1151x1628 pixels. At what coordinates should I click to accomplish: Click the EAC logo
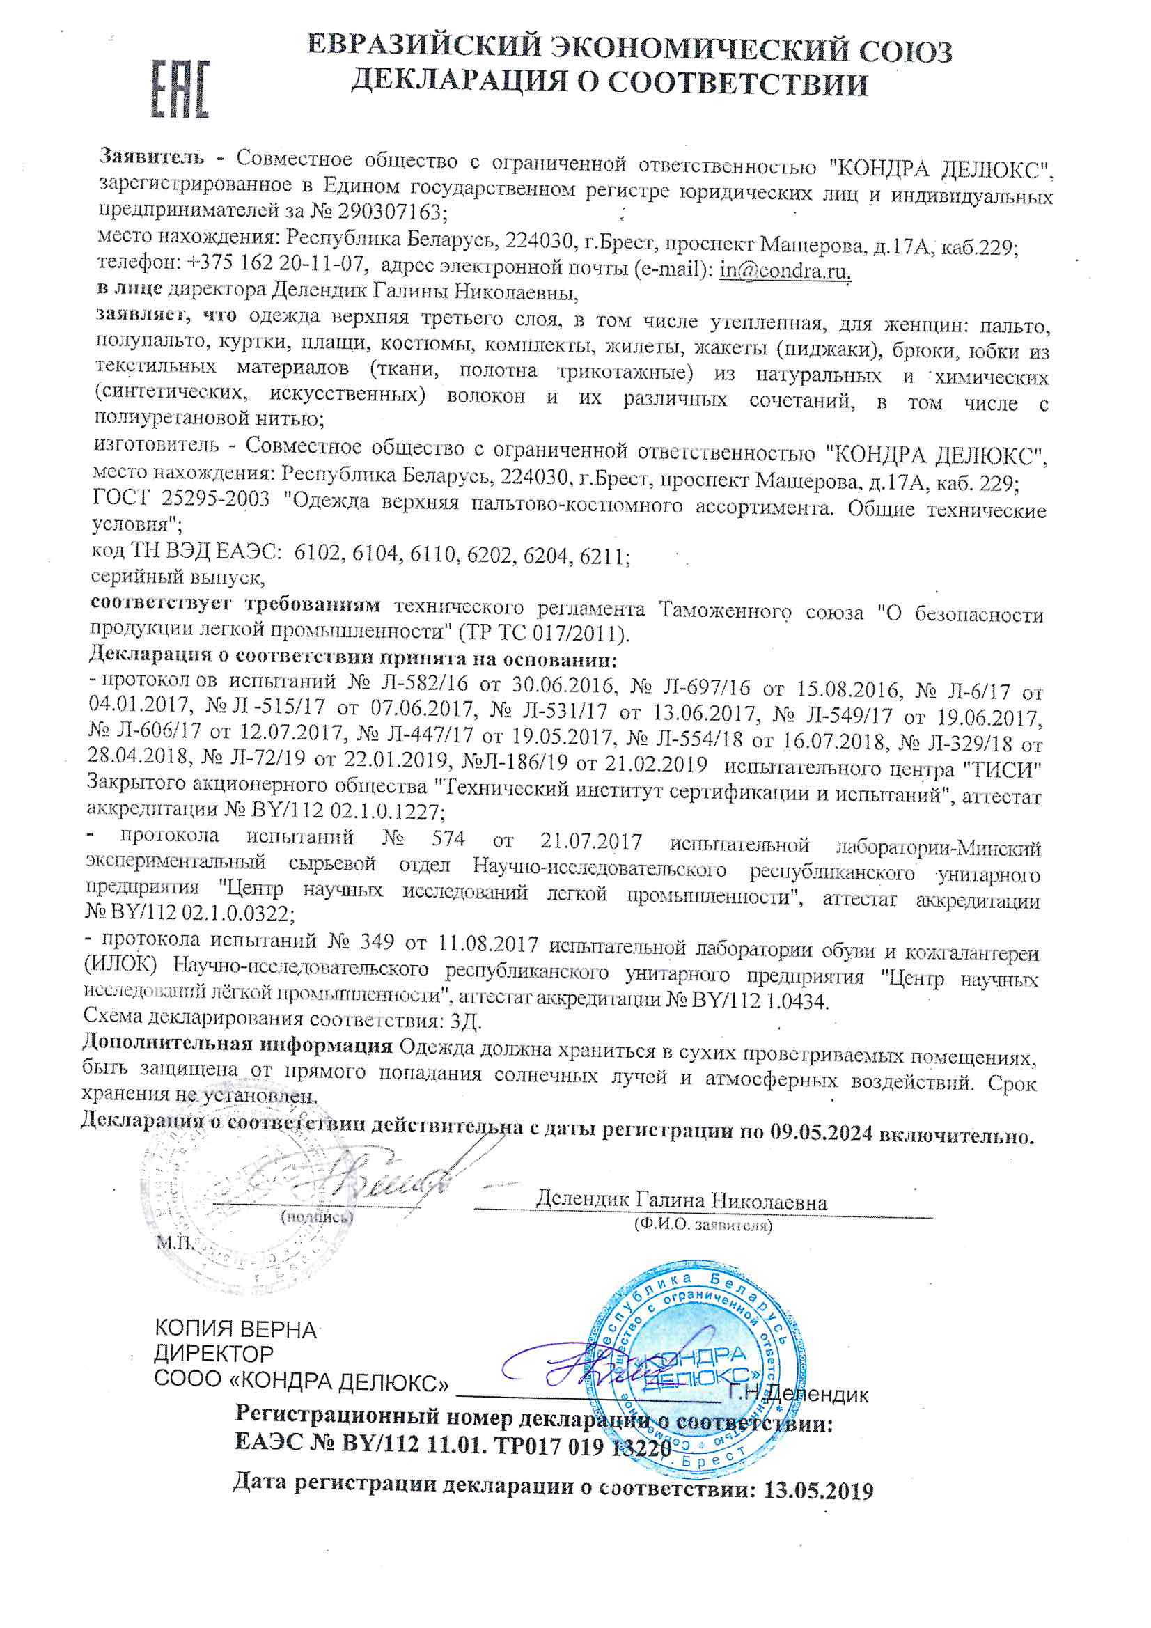(x=180, y=89)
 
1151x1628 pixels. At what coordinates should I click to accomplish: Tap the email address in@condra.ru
(x=784, y=271)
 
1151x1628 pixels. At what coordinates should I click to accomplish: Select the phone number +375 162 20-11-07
(x=276, y=264)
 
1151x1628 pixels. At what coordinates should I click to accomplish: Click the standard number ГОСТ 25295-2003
(x=181, y=499)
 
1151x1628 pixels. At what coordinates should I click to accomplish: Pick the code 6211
(x=603, y=556)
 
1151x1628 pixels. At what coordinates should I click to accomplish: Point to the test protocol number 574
(x=448, y=839)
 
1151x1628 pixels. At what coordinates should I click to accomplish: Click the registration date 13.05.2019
(x=817, y=1490)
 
